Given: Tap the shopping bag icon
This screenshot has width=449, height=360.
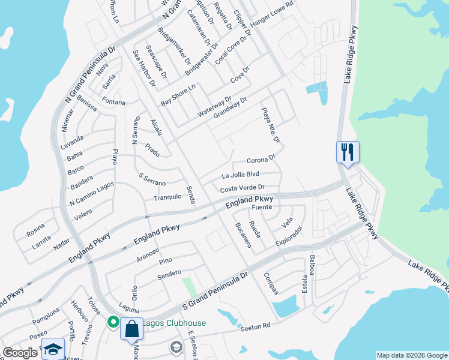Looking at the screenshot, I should point(131,329).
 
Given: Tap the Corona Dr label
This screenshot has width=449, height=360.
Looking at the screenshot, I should point(261,160).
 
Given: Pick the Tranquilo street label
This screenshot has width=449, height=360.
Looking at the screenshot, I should point(167,197).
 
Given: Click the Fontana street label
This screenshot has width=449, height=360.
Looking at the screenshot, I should point(113,101).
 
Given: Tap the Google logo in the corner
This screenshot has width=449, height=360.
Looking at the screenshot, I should point(20,353).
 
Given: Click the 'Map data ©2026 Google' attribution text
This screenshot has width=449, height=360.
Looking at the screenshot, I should point(411,355).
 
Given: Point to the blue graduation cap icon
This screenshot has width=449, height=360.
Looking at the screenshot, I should point(53,349).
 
